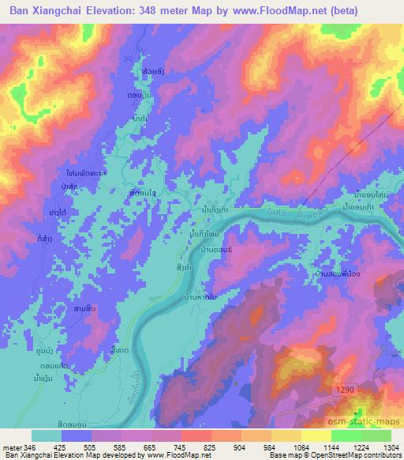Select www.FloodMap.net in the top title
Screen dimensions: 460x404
(x=267, y=10)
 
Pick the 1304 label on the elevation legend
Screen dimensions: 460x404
(x=390, y=447)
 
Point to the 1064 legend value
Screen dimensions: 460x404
(x=301, y=447)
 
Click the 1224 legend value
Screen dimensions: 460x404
(x=360, y=447)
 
